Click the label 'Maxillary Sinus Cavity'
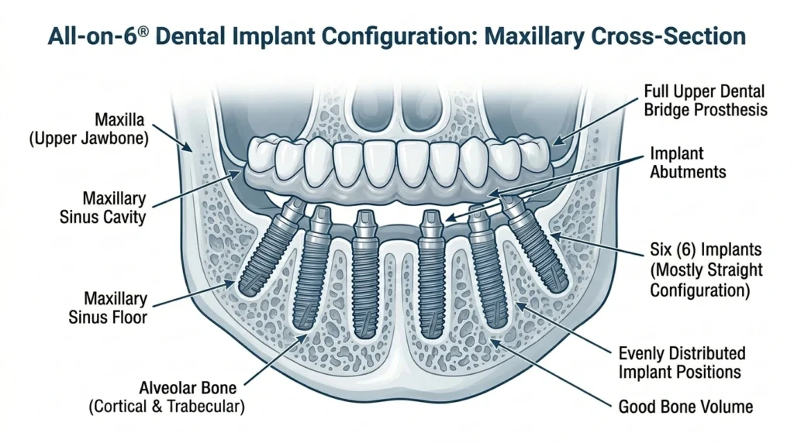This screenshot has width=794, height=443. (x=103, y=208)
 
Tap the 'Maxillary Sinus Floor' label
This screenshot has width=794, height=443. (x=108, y=308)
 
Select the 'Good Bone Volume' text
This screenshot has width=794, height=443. (x=685, y=407)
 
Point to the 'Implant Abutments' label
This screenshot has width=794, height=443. (x=688, y=163)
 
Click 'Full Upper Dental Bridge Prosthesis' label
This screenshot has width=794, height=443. (x=706, y=101)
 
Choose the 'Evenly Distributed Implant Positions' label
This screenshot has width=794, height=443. (x=682, y=362)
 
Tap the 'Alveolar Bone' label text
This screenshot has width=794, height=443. (x=188, y=388)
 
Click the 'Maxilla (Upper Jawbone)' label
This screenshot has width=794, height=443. (x=89, y=129)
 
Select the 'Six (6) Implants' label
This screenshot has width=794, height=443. (x=706, y=250)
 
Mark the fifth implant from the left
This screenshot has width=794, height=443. (x=487, y=266)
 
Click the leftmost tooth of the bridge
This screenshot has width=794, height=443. (x=262, y=154)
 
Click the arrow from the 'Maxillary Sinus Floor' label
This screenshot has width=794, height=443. (x=193, y=294)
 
